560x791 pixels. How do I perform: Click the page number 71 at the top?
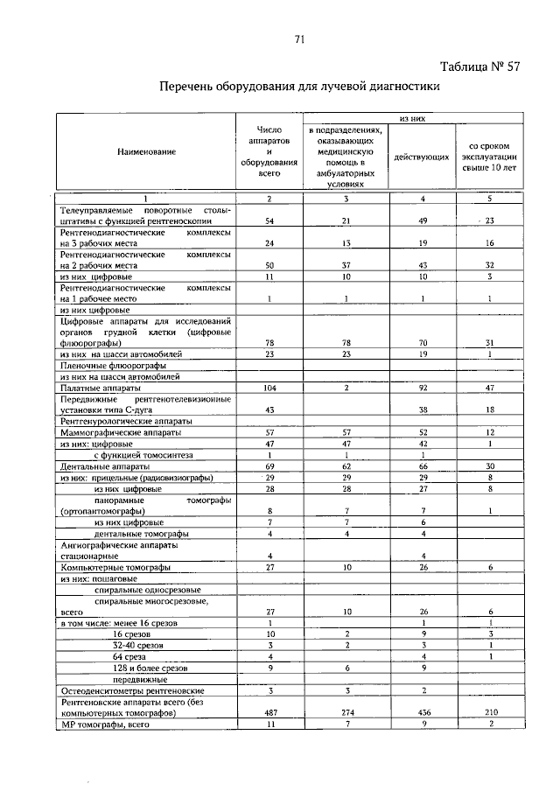[299, 39]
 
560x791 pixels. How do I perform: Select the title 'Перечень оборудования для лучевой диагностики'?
[297, 87]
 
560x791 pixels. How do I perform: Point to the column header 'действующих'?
[422, 157]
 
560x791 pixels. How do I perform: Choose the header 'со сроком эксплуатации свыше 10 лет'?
[490, 157]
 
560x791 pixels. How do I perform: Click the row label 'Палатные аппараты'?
[95, 387]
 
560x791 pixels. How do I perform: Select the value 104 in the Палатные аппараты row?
[269, 387]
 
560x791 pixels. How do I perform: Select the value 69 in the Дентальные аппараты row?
[269, 467]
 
